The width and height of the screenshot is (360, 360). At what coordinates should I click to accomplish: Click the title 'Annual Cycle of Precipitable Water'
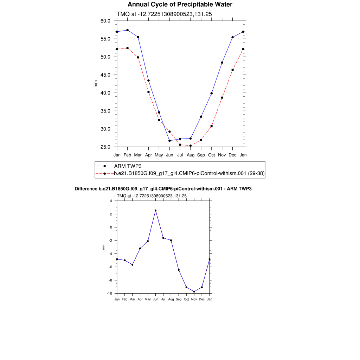coord(180,5)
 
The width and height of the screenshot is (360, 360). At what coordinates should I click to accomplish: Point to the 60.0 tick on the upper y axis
coord(105,21)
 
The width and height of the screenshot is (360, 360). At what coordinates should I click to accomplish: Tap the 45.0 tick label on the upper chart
coord(105,75)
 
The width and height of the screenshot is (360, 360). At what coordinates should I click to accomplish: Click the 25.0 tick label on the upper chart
coord(105,147)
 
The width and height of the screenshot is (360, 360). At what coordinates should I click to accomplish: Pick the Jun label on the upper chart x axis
coord(169,155)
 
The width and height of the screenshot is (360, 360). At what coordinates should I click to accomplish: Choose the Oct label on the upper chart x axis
coord(212,155)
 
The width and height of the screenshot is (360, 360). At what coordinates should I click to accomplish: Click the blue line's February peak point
coord(127,30)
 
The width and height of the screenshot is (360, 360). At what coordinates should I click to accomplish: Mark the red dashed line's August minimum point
coord(191,146)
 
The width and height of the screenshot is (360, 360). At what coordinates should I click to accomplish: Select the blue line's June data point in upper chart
coord(169,141)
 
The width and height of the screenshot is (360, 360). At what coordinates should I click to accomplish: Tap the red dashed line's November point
coord(222,98)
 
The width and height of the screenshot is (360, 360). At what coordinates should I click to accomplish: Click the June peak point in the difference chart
coord(155,211)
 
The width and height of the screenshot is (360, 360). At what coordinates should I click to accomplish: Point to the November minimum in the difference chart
coord(194,291)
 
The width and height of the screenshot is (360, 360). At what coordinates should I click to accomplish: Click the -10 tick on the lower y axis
coord(110,294)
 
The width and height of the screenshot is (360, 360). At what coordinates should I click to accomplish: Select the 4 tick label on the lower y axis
coord(111,201)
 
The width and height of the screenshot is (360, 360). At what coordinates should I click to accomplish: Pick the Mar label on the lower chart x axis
coord(132,300)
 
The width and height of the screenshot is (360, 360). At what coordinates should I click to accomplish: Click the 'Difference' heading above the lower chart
coord(163,189)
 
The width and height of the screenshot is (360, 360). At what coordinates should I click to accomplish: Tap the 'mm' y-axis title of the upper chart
coord(96,84)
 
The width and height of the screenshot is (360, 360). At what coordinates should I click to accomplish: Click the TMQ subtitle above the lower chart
coord(152,196)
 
